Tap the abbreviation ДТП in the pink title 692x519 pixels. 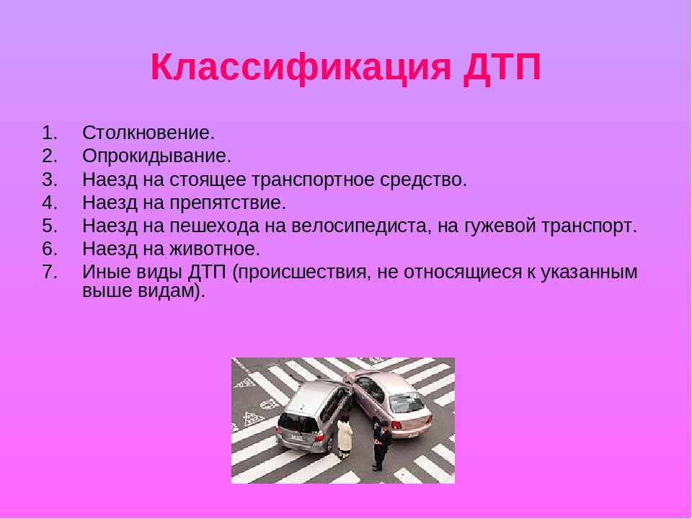tap(502, 68)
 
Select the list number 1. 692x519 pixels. tap(50, 133)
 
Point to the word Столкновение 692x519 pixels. tap(148, 133)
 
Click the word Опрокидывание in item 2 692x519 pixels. tap(156, 156)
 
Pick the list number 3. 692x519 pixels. tap(50, 179)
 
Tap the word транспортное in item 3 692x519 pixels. tap(314, 180)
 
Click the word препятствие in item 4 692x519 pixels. tap(228, 203)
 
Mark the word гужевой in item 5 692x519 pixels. tap(500, 227)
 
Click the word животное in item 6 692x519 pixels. tap(215, 249)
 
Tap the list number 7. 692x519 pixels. tap(50, 272)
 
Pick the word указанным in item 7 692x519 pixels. tap(589, 272)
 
